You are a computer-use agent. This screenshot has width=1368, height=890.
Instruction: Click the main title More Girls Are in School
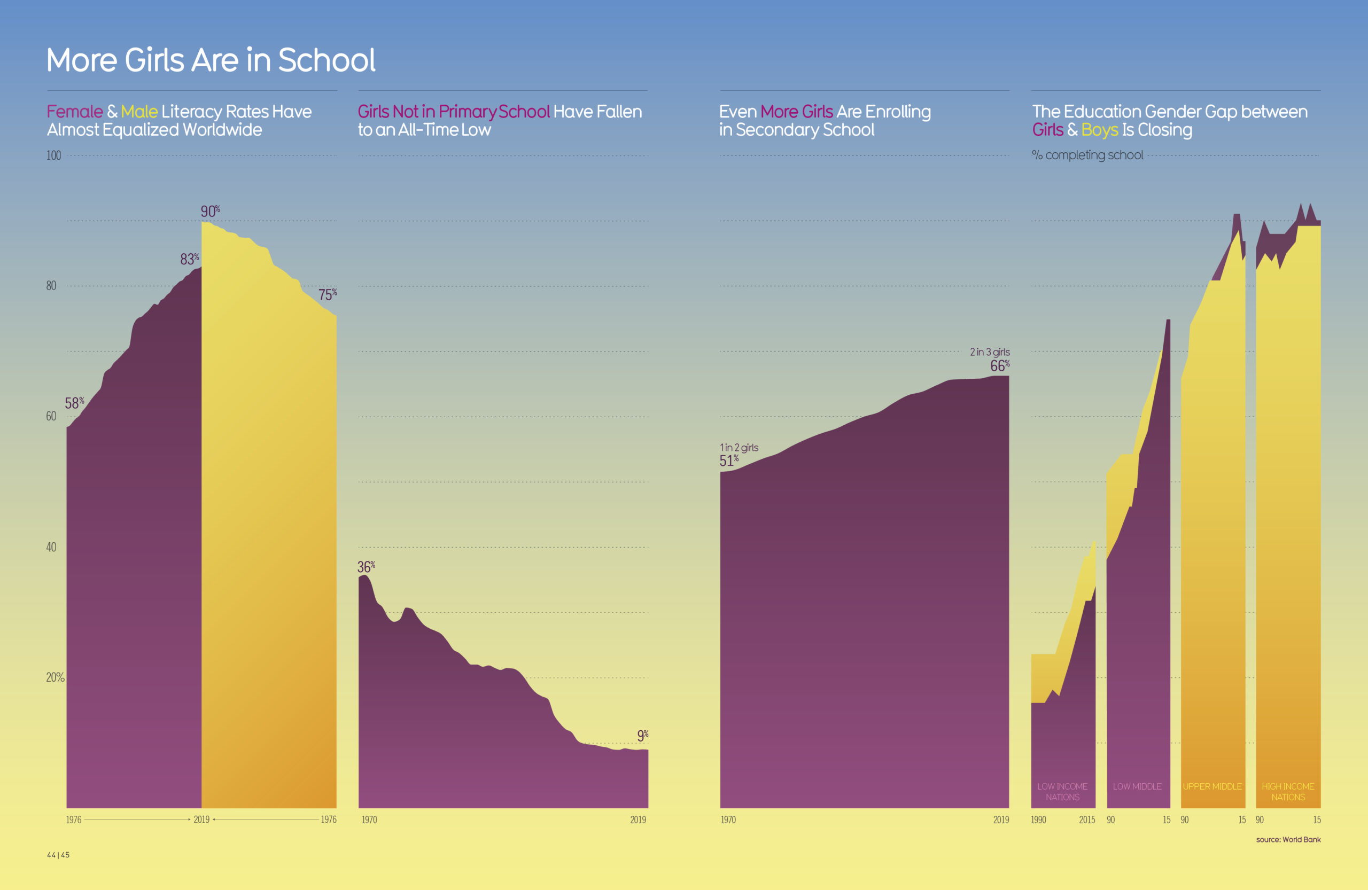[211, 60]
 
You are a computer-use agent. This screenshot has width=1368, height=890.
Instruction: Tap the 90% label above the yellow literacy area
[210, 212]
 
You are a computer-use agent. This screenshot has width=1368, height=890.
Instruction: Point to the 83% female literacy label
[189, 259]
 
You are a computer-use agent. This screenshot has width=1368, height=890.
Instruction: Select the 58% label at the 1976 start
[74, 403]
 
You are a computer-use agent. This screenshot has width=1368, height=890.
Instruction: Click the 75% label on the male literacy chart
[327, 295]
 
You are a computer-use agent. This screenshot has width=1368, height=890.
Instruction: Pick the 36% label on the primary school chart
[366, 567]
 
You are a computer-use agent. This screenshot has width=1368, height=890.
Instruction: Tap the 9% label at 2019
[642, 736]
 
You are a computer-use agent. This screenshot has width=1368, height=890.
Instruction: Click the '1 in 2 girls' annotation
[739, 448]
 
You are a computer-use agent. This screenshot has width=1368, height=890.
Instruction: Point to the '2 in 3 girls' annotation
[989, 352]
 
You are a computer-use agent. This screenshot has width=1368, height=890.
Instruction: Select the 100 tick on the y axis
[53, 155]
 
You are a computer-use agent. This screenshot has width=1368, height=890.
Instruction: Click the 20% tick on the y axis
[55, 677]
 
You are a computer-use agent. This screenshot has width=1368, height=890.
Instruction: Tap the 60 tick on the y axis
[51, 416]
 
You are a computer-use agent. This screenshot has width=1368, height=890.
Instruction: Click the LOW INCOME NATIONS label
[1062, 791]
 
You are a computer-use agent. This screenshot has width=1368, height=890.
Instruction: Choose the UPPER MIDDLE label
[1212, 786]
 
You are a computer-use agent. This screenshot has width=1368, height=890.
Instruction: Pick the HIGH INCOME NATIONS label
[1288, 791]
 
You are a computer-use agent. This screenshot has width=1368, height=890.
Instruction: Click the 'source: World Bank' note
[1288, 839]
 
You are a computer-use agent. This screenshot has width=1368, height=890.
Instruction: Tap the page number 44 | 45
[58, 855]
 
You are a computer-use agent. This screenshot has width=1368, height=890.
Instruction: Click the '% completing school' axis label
[1087, 155]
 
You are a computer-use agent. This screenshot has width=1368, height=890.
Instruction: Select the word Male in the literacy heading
[139, 112]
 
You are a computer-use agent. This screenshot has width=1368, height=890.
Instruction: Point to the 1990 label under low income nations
[1038, 820]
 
